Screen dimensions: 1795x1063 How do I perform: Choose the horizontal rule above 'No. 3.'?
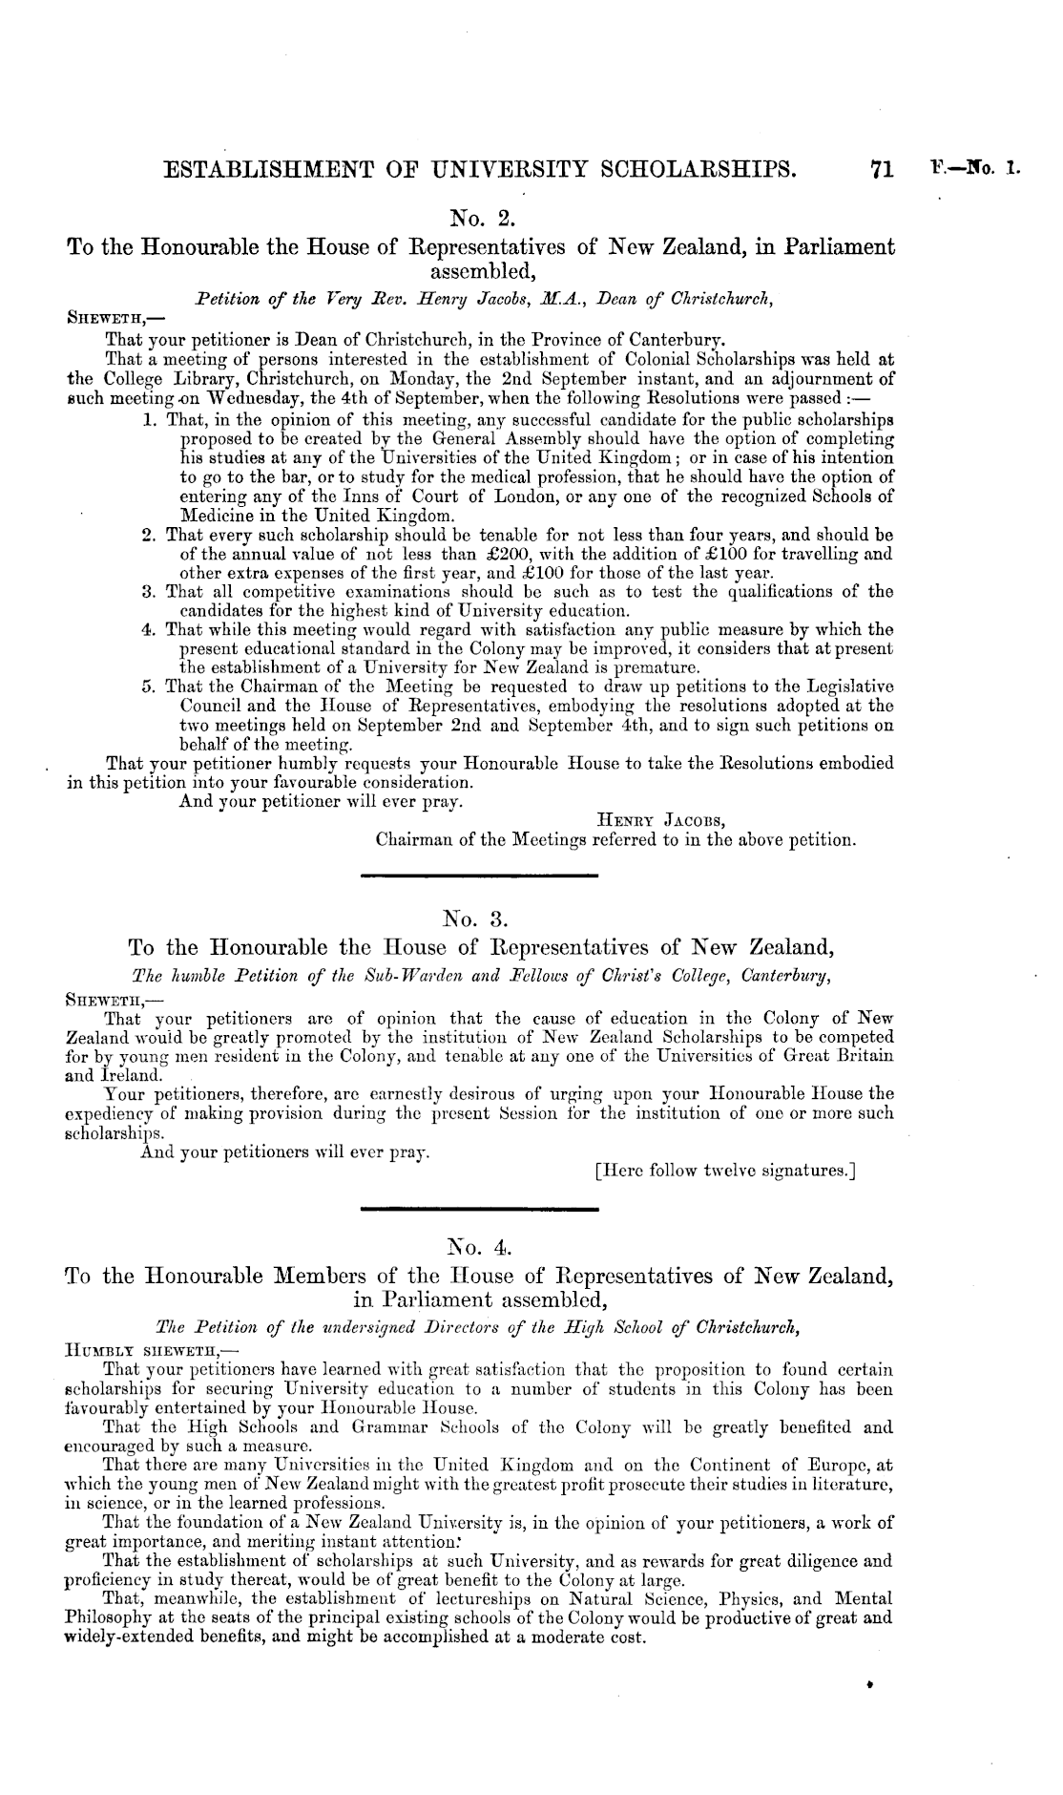pos(480,875)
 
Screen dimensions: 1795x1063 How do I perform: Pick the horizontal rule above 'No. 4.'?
pos(480,1210)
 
